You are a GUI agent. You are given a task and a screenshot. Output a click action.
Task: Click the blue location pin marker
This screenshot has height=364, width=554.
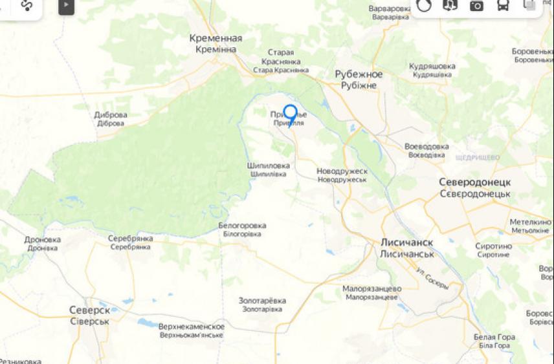291,114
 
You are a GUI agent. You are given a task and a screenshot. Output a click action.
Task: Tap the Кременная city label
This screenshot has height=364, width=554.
216,38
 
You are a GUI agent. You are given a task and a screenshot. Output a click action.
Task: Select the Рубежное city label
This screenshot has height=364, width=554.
359,74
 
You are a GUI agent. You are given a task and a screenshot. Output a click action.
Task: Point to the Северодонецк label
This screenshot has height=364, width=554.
474,182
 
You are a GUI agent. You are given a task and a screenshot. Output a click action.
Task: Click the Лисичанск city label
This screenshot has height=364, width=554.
406,242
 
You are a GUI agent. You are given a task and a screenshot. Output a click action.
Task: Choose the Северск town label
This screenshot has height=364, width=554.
89,310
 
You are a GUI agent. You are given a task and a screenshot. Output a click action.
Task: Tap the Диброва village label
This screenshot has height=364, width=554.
111,115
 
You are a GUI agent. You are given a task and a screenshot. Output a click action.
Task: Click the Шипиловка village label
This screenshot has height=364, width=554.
269,166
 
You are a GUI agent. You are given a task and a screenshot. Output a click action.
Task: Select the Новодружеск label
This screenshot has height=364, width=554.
342,171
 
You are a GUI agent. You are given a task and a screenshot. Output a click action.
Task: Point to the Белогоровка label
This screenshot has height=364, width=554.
242,226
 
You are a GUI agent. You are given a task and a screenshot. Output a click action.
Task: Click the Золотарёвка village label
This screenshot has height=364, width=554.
261,301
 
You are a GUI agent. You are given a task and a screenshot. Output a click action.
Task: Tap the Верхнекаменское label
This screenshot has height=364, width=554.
192,327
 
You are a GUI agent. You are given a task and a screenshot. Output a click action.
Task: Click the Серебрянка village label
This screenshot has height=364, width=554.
131,239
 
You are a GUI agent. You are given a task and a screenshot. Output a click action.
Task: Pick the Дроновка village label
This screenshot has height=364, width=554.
43,240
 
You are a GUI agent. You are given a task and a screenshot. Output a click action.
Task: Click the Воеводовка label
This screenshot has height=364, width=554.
427,146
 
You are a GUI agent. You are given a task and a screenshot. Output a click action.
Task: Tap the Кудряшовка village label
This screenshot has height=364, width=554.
432,66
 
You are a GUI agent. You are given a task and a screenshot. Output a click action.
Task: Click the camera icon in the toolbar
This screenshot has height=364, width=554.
476,6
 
